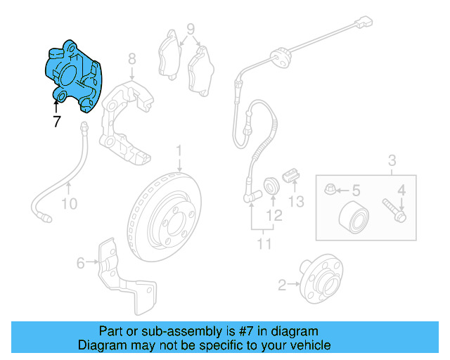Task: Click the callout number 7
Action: pos(56,122)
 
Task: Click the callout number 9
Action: pos(190,30)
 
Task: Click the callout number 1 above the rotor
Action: pos(179,150)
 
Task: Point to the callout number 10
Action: pos(69,205)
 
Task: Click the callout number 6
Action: pos(81,263)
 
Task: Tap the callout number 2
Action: pos(283,285)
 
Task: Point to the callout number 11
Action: pos(264,245)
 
